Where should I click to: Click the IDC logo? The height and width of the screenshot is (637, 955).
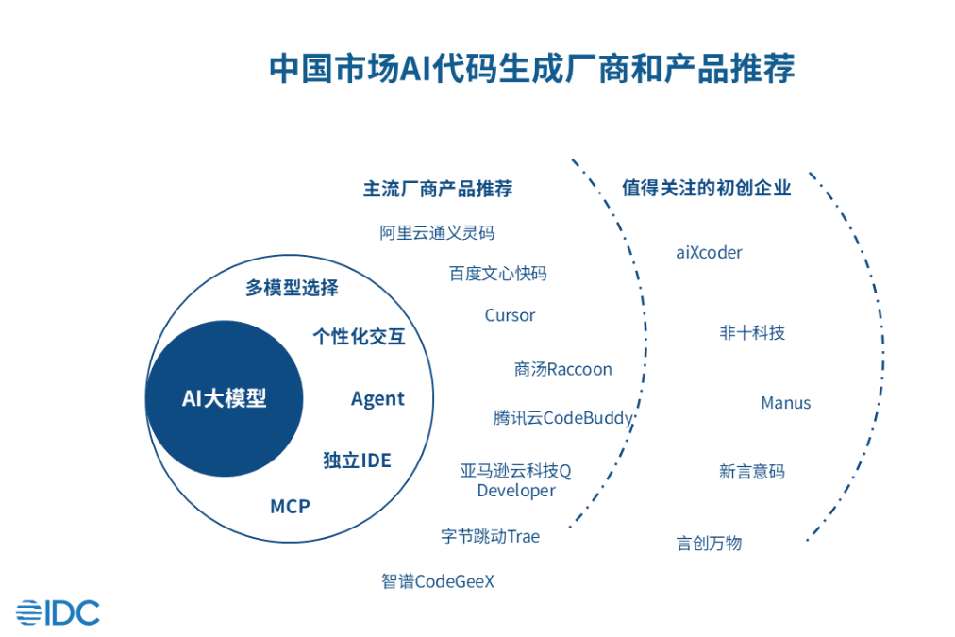[58, 612]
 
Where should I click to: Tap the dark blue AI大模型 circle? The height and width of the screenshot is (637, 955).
[225, 398]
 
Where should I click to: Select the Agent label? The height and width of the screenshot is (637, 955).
[377, 399]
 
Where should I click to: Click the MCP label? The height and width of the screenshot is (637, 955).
[290, 506]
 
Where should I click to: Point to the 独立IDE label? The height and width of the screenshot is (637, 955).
[357, 461]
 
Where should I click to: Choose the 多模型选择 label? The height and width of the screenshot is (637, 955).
[292, 288]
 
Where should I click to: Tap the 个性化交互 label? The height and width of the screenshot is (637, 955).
[359, 336]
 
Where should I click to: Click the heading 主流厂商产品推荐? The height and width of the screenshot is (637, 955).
[438, 189]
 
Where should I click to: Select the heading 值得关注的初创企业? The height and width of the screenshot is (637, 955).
[707, 188]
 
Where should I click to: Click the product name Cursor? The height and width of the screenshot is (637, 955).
[510, 315]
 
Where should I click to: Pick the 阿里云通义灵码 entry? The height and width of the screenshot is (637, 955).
[437, 233]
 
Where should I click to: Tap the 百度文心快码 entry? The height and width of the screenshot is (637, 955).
[497, 274]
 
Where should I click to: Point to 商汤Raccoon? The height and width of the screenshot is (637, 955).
[562, 369]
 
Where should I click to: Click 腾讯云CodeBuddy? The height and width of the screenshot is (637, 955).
[563, 418]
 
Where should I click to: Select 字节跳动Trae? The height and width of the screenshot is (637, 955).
[491, 537]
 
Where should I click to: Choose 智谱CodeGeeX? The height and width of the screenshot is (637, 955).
[438, 581]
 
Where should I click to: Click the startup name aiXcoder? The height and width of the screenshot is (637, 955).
[709, 252]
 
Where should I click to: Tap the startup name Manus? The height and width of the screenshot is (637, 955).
[786, 403]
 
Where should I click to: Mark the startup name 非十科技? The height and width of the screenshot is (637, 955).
[752, 332]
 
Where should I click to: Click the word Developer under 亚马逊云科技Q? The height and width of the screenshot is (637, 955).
[516, 491]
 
